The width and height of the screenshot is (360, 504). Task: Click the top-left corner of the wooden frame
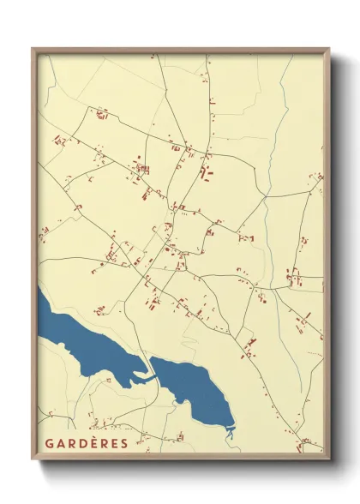33,49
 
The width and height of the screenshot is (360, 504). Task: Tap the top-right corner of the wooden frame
328,49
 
